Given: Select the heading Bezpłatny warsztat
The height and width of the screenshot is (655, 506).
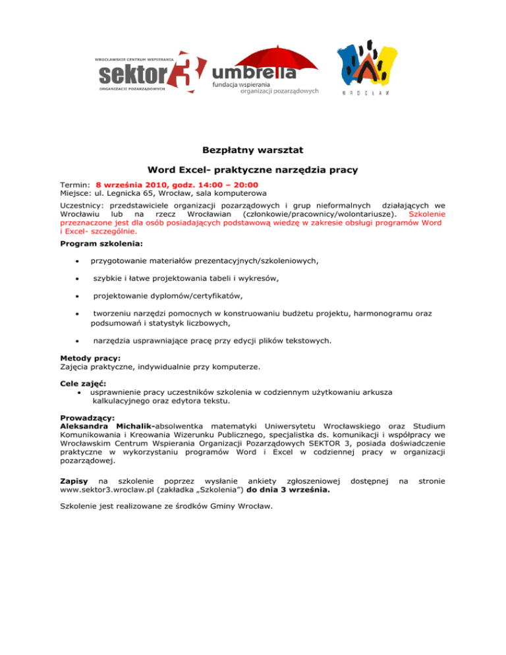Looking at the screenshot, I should (x=253, y=150).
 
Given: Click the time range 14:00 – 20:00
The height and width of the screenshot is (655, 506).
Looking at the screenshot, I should (x=223, y=185).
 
